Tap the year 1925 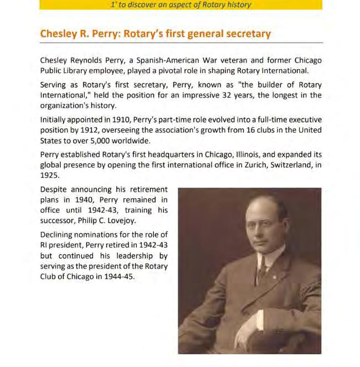point(49,175)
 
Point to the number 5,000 point(103,140)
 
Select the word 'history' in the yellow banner point(239,4)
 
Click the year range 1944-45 point(119,276)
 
